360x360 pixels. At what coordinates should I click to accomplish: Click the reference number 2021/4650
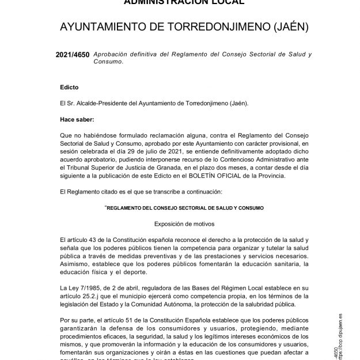coord(73,55)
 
